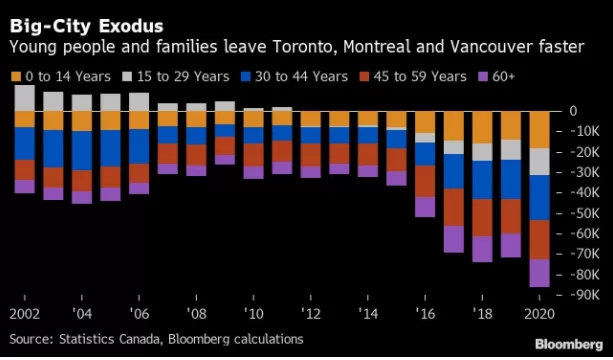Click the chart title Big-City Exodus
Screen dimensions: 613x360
(x=86, y=27)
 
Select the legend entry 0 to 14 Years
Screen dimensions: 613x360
(x=61, y=77)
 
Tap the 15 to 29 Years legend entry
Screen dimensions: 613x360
(x=176, y=77)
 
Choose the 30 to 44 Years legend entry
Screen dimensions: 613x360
(x=294, y=77)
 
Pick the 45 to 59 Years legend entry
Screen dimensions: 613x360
(x=413, y=77)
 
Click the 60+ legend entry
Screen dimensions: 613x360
(x=496, y=77)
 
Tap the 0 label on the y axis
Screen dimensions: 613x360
(x=573, y=111)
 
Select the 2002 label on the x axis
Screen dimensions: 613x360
(x=25, y=314)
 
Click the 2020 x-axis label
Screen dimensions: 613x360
(x=539, y=314)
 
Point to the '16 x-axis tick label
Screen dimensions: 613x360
(x=425, y=314)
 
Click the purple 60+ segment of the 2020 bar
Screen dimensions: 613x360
(x=540, y=273)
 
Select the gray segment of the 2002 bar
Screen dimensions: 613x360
(x=25, y=98)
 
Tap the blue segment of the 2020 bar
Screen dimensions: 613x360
(x=540, y=197)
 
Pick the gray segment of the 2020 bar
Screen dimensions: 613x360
(x=540, y=161)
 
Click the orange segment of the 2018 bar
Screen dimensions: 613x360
(x=482, y=127)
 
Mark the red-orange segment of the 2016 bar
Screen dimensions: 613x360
(x=425, y=181)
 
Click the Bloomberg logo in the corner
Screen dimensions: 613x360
(x=569, y=345)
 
